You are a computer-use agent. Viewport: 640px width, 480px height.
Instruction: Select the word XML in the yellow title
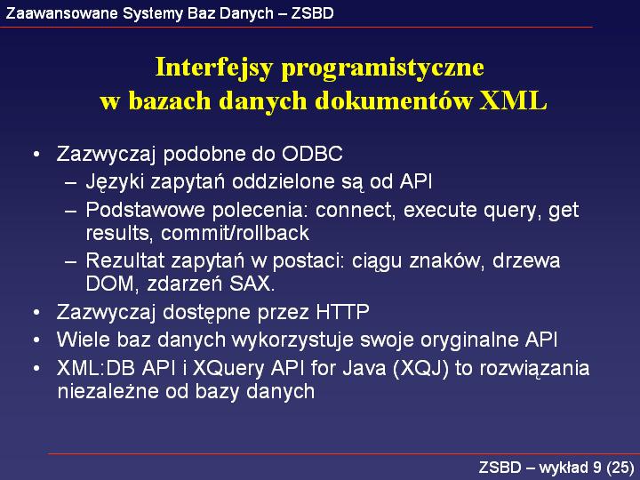(513, 100)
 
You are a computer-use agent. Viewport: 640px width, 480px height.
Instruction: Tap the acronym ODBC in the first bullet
(312, 154)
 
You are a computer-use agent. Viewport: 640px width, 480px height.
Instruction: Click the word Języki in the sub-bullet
(115, 182)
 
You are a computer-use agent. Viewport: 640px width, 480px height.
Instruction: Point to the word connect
(356, 210)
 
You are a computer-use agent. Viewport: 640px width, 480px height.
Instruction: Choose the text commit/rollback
(235, 233)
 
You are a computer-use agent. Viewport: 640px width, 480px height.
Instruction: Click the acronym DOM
(110, 284)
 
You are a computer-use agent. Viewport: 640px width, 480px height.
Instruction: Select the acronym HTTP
(343, 312)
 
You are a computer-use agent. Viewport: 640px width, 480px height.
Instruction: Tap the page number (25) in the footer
(620, 468)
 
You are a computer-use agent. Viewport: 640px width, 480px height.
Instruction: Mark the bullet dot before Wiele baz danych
(36, 340)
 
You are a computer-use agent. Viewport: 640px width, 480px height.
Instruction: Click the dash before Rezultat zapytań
(70, 261)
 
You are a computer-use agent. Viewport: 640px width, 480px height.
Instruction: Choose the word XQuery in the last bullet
(228, 369)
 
